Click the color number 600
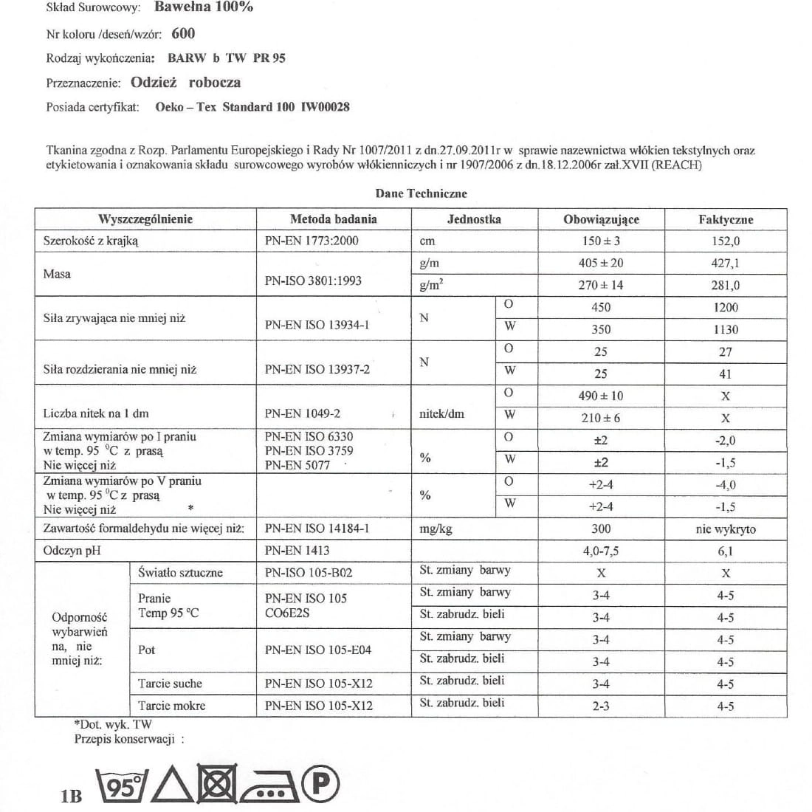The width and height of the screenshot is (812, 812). pyautogui.click(x=183, y=33)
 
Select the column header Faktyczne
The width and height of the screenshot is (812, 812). pyautogui.click(x=725, y=219)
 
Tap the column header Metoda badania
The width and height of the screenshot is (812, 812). pyautogui.click(x=333, y=219)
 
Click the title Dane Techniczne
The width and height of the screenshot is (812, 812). pyautogui.click(x=421, y=193)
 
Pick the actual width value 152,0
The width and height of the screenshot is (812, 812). pyautogui.click(x=725, y=241)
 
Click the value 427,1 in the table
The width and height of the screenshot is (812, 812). pyautogui.click(x=725, y=264)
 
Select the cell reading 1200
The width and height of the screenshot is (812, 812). pyautogui.click(x=725, y=308)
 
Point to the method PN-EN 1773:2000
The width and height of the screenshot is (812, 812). pyautogui.click(x=312, y=241)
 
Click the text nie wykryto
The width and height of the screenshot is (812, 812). pyautogui.click(x=725, y=529)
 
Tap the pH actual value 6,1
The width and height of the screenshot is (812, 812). pyautogui.click(x=725, y=551)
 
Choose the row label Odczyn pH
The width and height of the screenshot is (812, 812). pyautogui.click(x=72, y=551)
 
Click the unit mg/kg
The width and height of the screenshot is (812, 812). pyautogui.click(x=435, y=529)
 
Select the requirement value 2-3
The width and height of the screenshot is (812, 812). pyautogui.click(x=601, y=706)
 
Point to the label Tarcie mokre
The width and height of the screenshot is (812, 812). pyautogui.click(x=171, y=706)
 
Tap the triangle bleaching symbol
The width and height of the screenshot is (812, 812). pyautogui.click(x=172, y=787)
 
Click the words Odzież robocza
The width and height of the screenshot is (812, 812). pyautogui.click(x=185, y=83)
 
